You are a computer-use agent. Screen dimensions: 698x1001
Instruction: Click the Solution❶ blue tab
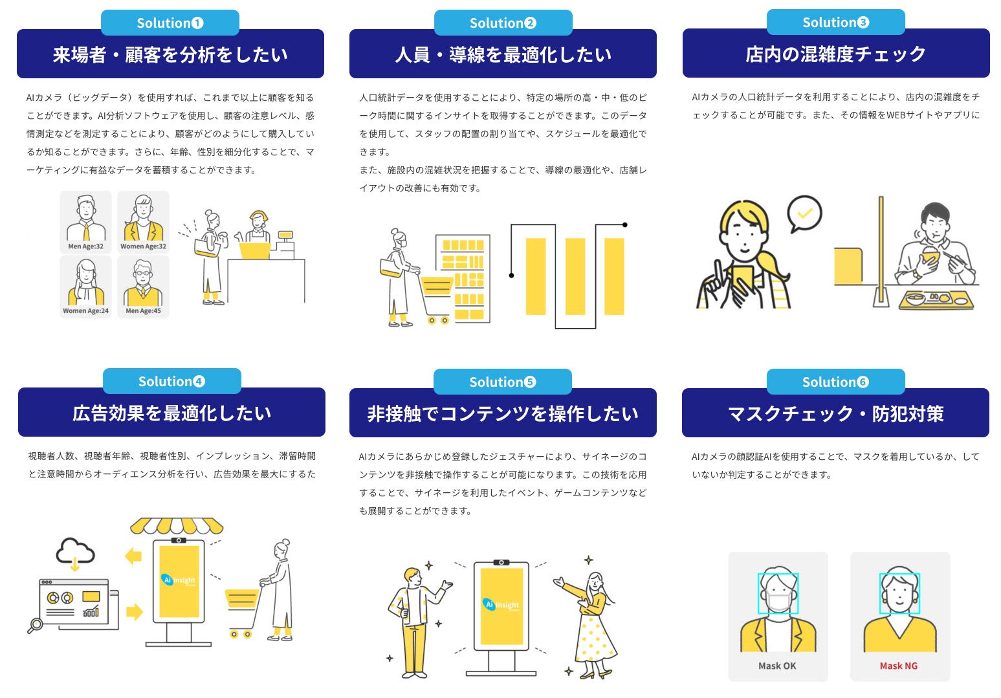pos(170,23)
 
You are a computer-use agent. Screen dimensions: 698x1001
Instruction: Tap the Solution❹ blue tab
pos(171,381)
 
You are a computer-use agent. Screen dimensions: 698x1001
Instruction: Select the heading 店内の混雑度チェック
pos(835,54)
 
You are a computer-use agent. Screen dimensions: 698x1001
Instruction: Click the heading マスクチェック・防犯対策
pos(835,413)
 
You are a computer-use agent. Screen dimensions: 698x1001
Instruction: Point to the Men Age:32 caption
pos(85,246)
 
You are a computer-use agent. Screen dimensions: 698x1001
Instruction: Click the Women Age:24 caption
pos(85,311)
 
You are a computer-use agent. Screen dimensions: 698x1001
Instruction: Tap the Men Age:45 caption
pos(143,311)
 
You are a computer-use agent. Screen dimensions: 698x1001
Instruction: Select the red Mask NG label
pos(898,666)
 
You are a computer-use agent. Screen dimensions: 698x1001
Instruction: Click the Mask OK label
pos(777,666)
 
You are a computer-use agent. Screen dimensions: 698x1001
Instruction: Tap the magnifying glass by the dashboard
pos(35,626)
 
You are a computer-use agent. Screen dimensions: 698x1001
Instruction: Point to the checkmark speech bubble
pos(804,213)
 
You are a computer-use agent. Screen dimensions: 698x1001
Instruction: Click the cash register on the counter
pos(283,243)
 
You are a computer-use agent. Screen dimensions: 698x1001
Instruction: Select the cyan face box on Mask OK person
pos(778,593)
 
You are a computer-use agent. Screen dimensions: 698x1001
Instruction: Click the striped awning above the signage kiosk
pos(177,525)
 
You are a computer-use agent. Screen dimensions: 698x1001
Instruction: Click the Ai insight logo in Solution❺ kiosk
pos(501,605)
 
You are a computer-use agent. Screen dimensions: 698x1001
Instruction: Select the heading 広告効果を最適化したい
pos(171,413)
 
